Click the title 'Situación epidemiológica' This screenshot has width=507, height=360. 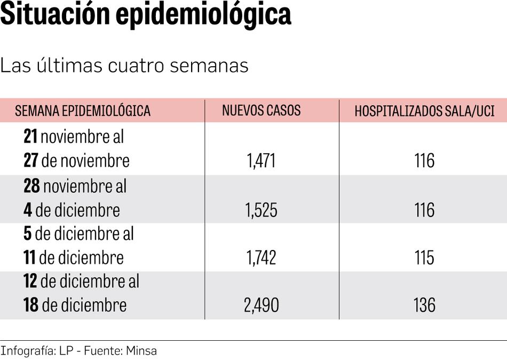point(146,15)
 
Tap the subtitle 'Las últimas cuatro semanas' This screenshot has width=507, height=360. point(124,65)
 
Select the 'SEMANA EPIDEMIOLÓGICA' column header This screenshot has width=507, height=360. point(83,111)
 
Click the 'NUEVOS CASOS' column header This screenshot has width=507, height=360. point(262,111)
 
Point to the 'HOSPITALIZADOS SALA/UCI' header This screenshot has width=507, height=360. point(424,111)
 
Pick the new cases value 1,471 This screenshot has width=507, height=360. point(262,161)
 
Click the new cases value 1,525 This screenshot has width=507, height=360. point(262,210)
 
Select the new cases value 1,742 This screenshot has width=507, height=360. point(262,257)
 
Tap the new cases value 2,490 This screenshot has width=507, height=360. point(262,305)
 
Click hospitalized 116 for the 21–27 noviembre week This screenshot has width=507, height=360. point(424,161)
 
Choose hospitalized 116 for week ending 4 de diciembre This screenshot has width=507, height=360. point(424,210)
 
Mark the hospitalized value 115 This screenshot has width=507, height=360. point(424,257)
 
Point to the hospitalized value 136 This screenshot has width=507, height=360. point(424,305)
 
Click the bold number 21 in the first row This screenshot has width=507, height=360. point(30,137)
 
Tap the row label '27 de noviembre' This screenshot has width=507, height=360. point(76,161)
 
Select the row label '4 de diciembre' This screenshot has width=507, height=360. point(72,210)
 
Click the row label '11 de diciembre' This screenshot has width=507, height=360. point(73,257)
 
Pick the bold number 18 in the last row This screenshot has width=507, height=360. point(31,305)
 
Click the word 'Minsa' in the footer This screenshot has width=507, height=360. point(141,351)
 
